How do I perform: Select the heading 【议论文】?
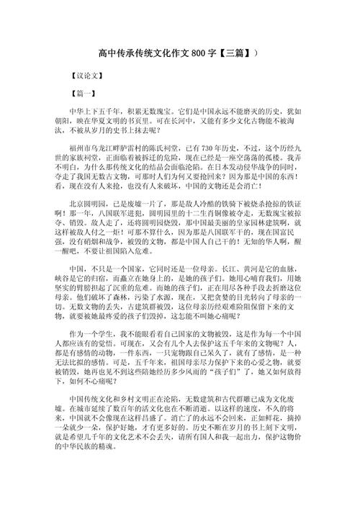point(78,73)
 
